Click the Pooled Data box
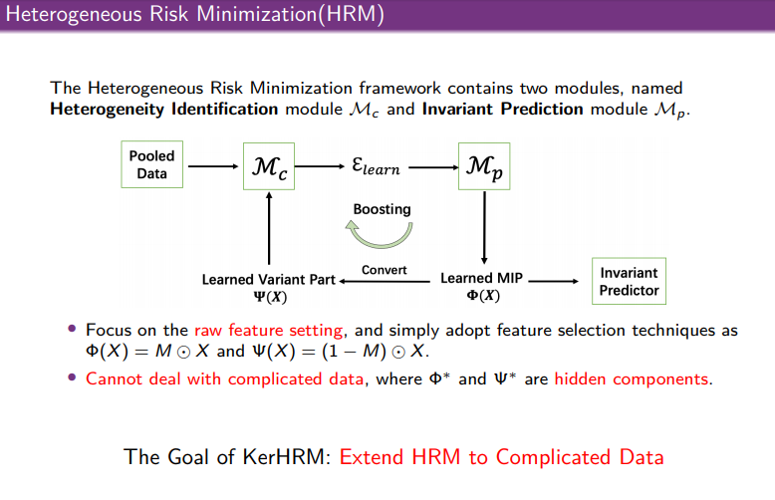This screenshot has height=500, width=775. pyautogui.click(x=151, y=164)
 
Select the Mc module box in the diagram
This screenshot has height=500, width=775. pyautogui.click(x=269, y=166)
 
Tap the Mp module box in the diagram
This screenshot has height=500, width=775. pyautogui.click(x=484, y=166)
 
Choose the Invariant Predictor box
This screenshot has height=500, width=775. pyautogui.click(x=629, y=281)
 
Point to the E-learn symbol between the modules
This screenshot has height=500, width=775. pyautogui.click(x=376, y=166)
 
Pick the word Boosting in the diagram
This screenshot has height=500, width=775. pyautogui.click(x=383, y=209)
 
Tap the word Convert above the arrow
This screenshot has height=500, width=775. pyautogui.click(x=385, y=270)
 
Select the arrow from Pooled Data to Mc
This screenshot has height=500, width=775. pyautogui.click(x=213, y=166)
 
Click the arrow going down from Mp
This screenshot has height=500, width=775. pyautogui.click(x=484, y=228)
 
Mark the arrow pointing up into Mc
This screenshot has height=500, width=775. pyautogui.click(x=269, y=228)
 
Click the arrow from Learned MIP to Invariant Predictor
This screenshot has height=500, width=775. pyautogui.click(x=554, y=281)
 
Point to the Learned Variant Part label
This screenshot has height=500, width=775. pyautogui.click(x=269, y=288)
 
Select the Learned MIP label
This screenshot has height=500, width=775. pyautogui.click(x=482, y=286)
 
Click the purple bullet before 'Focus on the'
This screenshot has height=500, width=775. pyautogui.click(x=72, y=329)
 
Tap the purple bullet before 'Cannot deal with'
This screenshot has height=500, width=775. pyautogui.click(x=72, y=377)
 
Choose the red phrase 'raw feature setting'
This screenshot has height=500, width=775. pyautogui.click(x=268, y=330)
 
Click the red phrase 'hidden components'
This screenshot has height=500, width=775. pyautogui.click(x=632, y=378)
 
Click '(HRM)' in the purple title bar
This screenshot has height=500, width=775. pyautogui.click(x=352, y=14)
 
